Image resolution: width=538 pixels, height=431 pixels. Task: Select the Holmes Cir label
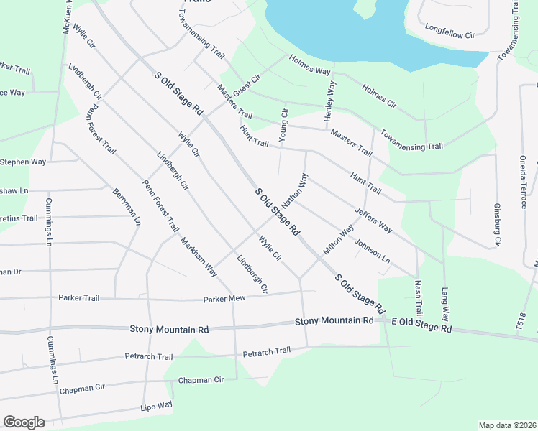click(379, 97)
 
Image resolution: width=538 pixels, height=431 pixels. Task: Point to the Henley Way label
click(330, 101)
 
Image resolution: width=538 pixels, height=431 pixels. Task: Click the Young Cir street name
click(284, 124)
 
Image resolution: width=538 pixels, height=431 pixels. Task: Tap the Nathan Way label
click(295, 190)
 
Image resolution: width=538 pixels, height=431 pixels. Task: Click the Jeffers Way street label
click(373, 221)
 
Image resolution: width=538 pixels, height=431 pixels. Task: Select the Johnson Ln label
click(372, 248)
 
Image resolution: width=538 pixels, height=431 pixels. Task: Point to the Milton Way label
click(339, 240)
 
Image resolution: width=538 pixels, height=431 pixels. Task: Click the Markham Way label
click(199, 256)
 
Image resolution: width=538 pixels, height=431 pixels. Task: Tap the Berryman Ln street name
click(127, 208)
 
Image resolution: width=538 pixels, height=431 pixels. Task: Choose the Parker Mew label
click(224, 298)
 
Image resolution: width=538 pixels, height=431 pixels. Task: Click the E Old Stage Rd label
click(421, 327)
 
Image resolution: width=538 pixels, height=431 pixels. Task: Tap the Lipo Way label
click(157, 405)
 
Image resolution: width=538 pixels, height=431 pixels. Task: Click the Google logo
click(24, 422)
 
